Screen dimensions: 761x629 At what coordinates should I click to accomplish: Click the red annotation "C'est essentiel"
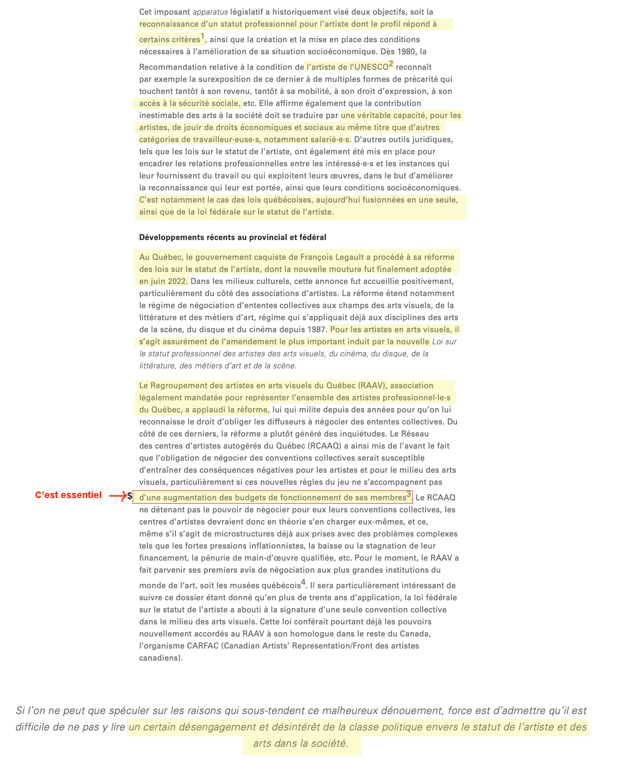click(68, 495)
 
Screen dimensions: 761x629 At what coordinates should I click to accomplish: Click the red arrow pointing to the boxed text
click(118, 496)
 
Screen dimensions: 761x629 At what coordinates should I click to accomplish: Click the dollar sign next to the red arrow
click(130, 496)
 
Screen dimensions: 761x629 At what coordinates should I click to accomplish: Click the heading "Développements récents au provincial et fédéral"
click(232, 237)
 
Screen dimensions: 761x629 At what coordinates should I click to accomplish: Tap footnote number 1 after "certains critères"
click(202, 36)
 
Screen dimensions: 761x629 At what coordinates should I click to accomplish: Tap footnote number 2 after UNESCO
click(391, 64)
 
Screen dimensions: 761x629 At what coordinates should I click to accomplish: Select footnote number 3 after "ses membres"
click(409, 494)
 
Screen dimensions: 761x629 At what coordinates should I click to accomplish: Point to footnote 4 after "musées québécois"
click(303, 582)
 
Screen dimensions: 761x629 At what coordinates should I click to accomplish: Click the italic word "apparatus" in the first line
click(210, 12)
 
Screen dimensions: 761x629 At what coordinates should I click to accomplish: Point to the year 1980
click(407, 51)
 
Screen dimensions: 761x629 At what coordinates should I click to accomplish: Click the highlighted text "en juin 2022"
click(162, 281)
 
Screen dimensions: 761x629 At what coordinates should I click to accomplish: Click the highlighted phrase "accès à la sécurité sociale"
click(189, 104)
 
